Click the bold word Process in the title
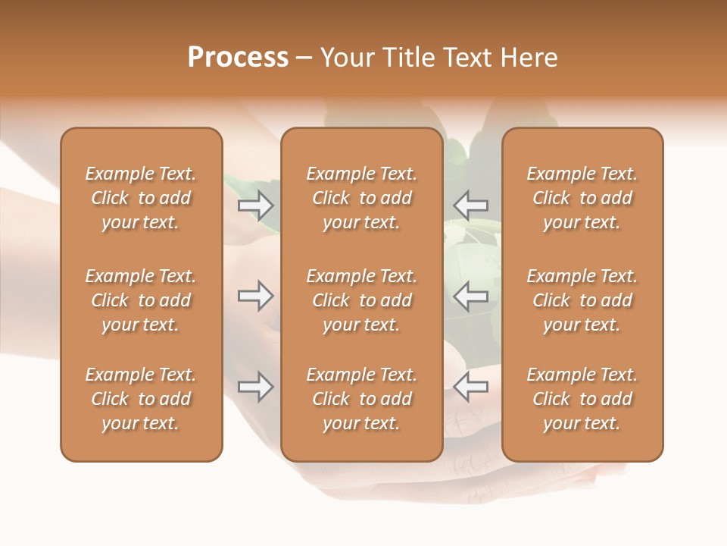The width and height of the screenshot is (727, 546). pyautogui.click(x=238, y=58)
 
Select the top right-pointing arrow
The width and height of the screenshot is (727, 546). pyautogui.click(x=255, y=205)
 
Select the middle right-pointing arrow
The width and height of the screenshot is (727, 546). pyautogui.click(x=255, y=296)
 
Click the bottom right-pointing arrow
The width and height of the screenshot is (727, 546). pyautogui.click(x=255, y=387)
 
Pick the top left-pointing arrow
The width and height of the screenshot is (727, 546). pyautogui.click(x=471, y=205)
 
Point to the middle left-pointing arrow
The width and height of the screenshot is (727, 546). pyautogui.click(x=471, y=296)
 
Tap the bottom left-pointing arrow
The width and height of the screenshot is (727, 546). pyautogui.click(x=471, y=387)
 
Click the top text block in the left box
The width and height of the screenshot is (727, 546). pyautogui.click(x=141, y=198)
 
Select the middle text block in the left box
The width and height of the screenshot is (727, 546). pyautogui.click(x=141, y=300)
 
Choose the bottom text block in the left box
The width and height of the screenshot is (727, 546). pyautogui.click(x=141, y=399)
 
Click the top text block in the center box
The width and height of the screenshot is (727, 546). pyautogui.click(x=361, y=198)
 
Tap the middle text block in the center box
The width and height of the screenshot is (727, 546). pyautogui.click(x=361, y=300)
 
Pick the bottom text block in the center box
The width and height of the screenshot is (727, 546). pyautogui.click(x=361, y=399)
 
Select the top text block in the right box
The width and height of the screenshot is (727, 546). pyautogui.click(x=582, y=198)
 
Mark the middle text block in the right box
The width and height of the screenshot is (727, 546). pyautogui.click(x=582, y=300)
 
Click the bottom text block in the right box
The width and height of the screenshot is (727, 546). pyautogui.click(x=582, y=399)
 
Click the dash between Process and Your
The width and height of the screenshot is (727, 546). pyautogui.click(x=304, y=58)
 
